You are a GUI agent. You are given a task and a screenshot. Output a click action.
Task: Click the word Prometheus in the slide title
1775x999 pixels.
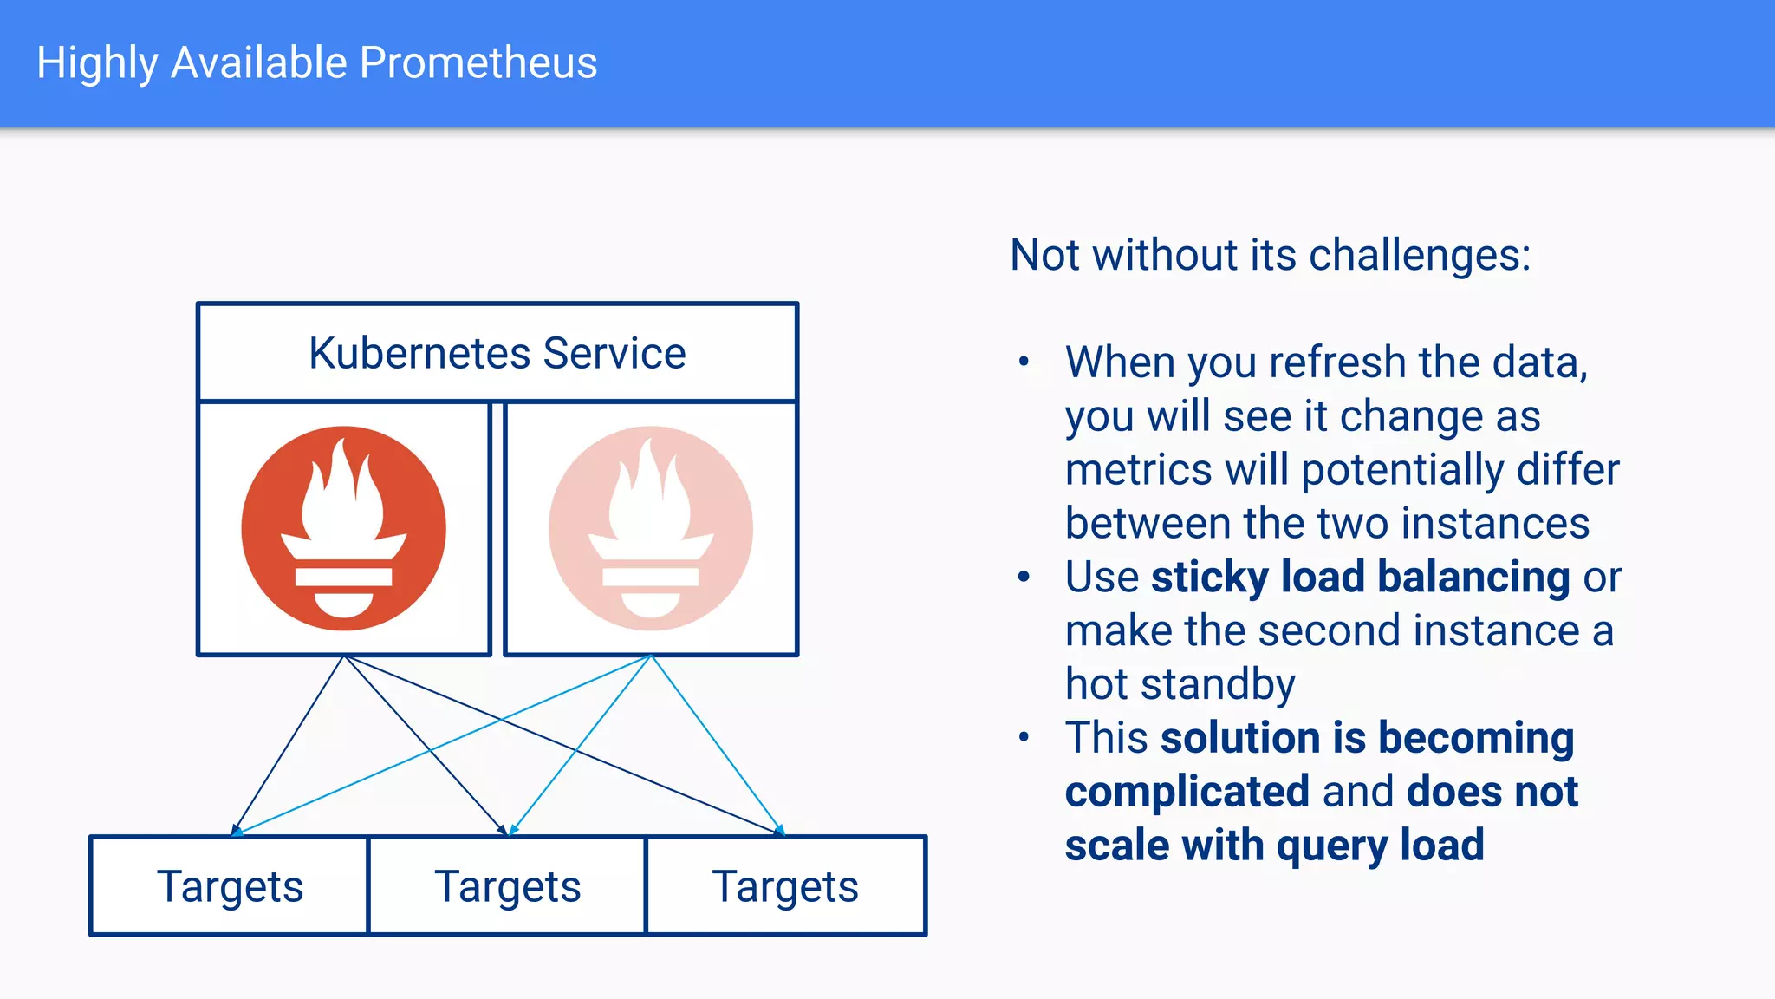click(x=478, y=63)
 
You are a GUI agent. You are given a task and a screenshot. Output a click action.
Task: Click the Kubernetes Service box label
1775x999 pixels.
click(x=497, y=353)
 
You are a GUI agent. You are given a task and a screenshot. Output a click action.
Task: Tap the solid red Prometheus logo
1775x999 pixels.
click(x=344, y=528)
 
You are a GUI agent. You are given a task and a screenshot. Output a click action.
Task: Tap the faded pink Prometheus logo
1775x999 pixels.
click(x=650, y=528)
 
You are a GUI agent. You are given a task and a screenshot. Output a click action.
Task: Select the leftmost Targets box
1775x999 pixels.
click(x=230, y=886)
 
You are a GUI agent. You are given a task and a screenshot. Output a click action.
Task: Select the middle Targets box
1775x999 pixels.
click(x=507, y=886)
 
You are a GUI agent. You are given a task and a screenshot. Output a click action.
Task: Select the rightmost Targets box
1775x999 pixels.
click(x=785, y=886)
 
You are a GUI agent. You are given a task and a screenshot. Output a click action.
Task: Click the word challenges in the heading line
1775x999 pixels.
click(x=1419, y=256)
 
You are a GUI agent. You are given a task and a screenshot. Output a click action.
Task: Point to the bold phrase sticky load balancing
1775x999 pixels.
click(x=1360, y=578)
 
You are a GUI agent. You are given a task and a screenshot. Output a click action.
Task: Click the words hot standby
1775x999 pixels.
click(x=1180, y=685)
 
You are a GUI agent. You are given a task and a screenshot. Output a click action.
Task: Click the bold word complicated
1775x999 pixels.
click(x=1187, y=792)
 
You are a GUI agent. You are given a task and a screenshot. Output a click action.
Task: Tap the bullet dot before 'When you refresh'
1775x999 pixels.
click(x=1024, y=362)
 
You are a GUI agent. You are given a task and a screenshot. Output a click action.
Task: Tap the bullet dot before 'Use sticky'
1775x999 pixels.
click(x=1024, y=577)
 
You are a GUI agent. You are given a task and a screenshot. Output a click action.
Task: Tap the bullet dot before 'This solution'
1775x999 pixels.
click(x=1024, y=738)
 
